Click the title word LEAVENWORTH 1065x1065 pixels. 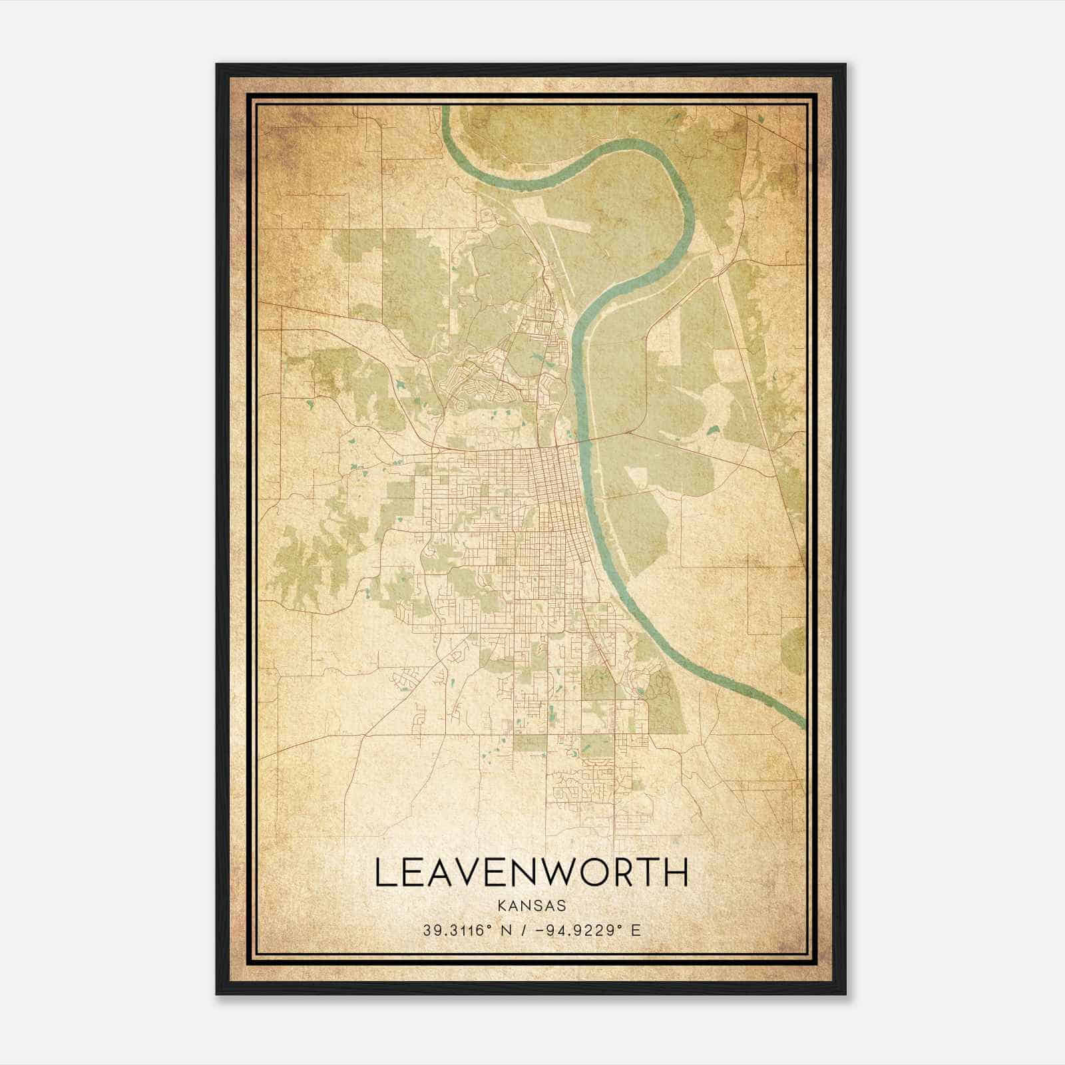click(x=531, y=873)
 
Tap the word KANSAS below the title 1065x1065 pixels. click(x=531, y=906)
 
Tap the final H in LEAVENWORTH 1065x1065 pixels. click(x=676, y=873)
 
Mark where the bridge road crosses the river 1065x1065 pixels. click(x=584, y=441)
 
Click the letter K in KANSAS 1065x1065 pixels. click(x=501, y=906)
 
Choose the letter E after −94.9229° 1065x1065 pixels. click(x=636, y=931)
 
